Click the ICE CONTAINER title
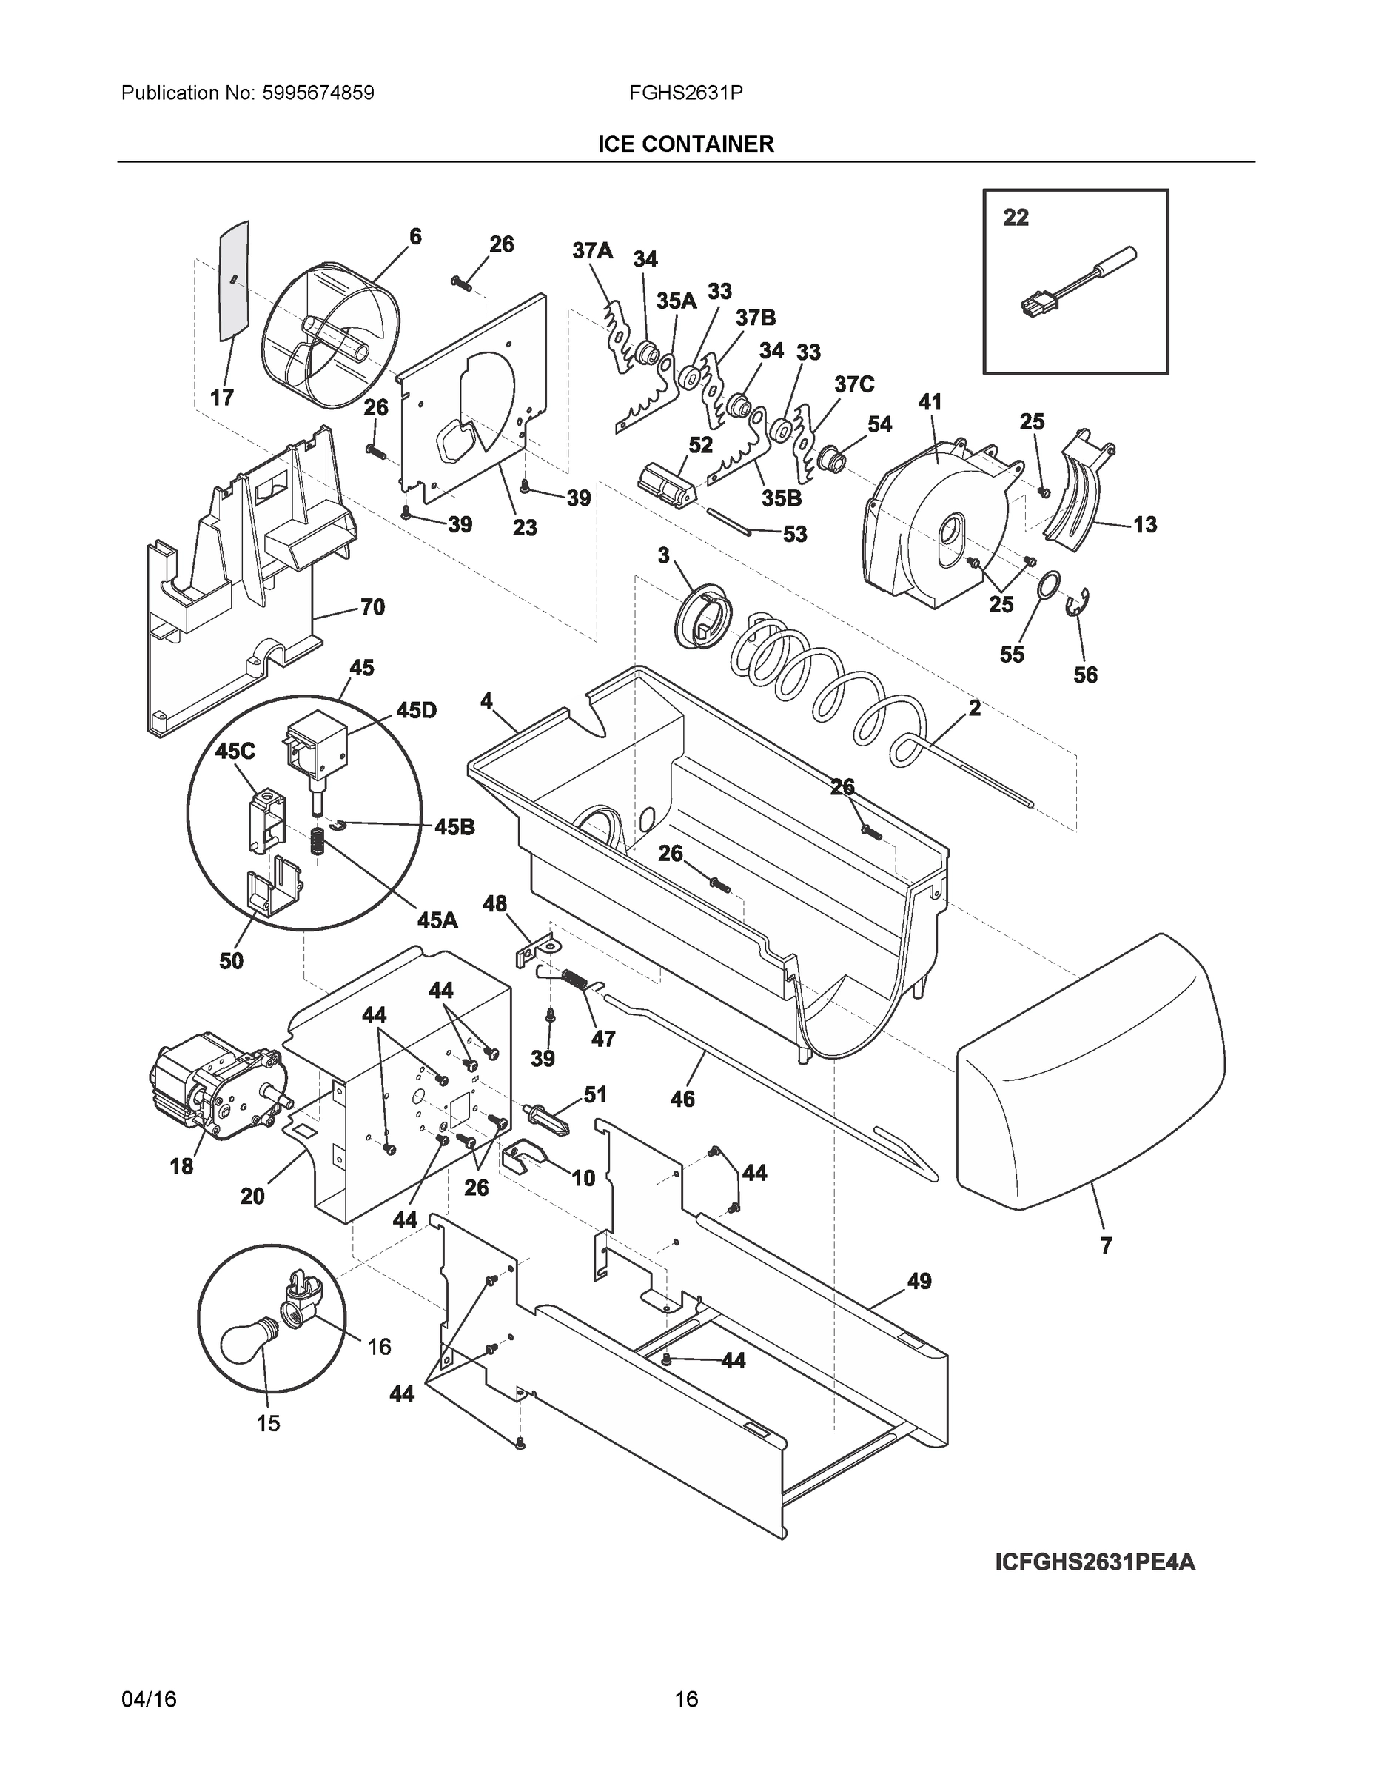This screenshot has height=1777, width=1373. pyautogui.click(x=685, y=144)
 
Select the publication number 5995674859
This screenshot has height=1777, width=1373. pyautogui.click(x=318, y=93)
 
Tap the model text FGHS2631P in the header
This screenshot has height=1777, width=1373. pyautogui.click(x=685, y=93)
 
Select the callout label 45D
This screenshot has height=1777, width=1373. pyautogui.click(x=416, y=710)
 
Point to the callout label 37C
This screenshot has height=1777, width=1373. pyautogui.click(x=853, y=384)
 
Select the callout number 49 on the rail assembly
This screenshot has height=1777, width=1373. pyautogui.click(x=919, y=1281)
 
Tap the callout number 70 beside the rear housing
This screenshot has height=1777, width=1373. pyautogui.click(x=372, y=607)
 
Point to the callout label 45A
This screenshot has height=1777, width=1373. pyautogui.click(x=437, y=920)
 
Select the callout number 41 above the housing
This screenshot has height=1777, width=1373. pyautogui.click(x=929, y=402)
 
